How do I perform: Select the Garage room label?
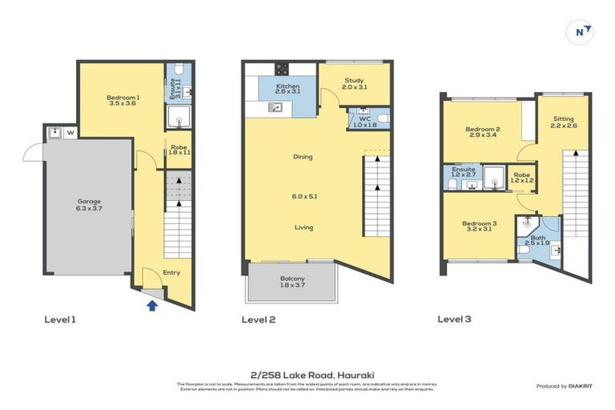[x=89, y=202]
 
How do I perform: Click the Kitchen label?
[x=287, y=86]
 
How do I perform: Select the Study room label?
[x=354, y=81]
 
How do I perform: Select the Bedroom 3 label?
[x=482, y=223]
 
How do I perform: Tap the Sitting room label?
[x=563, y=119]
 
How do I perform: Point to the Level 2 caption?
[x=259, y=320]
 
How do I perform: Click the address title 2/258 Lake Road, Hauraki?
[x=307, y=374]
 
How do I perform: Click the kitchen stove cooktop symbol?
[x=283, y=69]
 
